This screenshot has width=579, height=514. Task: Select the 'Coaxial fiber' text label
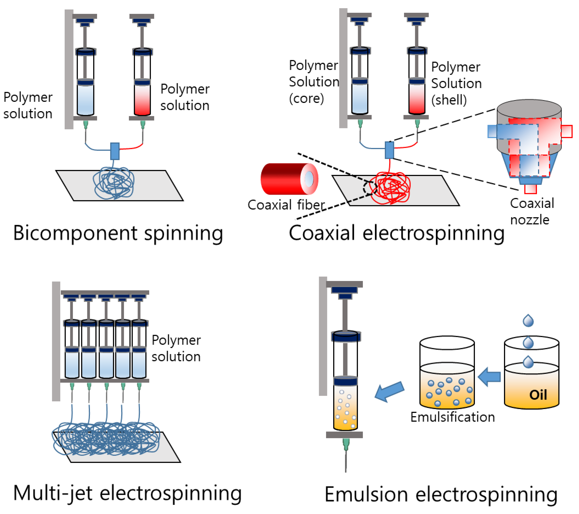point(286,205)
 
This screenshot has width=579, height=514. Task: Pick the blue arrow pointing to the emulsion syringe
point(389,391)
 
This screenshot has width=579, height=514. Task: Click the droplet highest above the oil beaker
point(528,321)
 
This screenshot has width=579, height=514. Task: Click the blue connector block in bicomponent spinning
point(115,151)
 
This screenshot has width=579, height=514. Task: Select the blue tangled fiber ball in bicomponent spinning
point(114,183)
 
